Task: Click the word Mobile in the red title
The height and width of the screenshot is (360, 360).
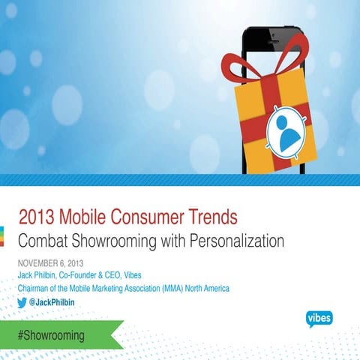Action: tap(85, 218)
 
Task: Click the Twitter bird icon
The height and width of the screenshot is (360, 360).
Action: tap(24, 301)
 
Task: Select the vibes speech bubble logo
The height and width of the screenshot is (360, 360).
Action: tap(319, 318)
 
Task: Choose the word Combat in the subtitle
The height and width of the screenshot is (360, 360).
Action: tap(43, 242)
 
